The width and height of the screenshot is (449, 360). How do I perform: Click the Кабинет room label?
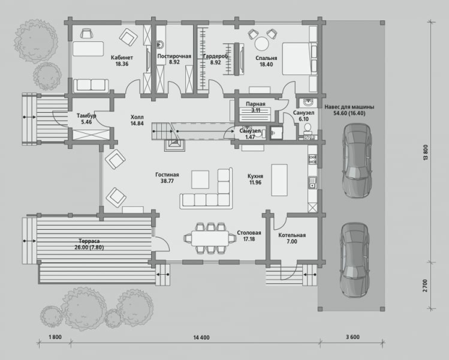(x=122, y=58)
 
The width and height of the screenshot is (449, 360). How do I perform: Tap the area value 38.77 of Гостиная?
(x=167, y=181)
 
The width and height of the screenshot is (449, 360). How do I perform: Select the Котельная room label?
(x=292, y=235)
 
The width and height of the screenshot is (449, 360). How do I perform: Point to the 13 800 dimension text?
(x=425, y=152)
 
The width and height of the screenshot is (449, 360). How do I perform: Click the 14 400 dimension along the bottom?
(x=201, y=337)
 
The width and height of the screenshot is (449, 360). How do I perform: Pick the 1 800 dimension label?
(x=55, y=337)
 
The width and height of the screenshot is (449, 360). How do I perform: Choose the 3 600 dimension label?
(x=352, y=337)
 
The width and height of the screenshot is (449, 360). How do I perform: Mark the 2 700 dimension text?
(x=425, y=286)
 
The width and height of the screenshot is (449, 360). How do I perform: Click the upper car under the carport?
(x=358, y=160)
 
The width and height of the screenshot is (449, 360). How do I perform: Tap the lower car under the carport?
(x=355, y=260)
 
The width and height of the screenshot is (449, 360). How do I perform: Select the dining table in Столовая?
(x=210, y=238)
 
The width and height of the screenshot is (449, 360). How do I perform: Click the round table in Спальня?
(x=262, y=44)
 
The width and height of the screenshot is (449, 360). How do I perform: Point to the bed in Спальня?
(x=300, y=59)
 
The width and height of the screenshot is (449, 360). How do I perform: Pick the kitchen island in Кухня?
(x=279, y=180)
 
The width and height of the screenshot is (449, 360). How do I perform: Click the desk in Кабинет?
(x=88, y=49)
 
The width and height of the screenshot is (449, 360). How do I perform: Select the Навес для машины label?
(x=349, y=107)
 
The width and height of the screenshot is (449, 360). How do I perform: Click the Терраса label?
(x=89, y=241)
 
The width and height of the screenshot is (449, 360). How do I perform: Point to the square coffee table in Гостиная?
(x=200, y=179)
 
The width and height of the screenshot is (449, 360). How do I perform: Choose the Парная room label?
(x=255, y=104)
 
